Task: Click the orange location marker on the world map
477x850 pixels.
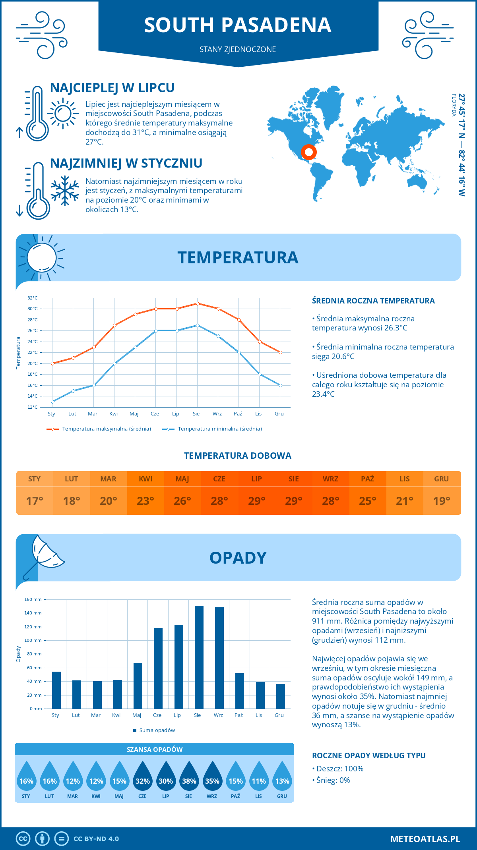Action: click(308, 152)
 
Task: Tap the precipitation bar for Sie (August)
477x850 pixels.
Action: click(199, 657)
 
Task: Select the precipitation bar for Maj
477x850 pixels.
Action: click(138, 686)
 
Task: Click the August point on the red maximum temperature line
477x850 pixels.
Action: click(198, 303)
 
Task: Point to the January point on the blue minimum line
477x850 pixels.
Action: click(52, 402)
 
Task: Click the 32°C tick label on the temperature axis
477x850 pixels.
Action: click(33, 298)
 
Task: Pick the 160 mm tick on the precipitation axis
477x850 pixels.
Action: click(33, 599)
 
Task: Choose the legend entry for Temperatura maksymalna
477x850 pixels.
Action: click(99, 429)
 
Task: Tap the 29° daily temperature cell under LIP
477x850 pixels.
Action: click(256, 501)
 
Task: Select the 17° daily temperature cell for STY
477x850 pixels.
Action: click(35, 501)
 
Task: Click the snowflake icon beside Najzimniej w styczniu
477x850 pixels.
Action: click(65, 191)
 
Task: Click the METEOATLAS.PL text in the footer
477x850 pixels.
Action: click(425, 839)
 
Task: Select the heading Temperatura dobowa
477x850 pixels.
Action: click(238, 456)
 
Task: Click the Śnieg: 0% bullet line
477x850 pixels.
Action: click(331, 780)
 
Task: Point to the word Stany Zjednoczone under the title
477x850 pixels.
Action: click(238, 49)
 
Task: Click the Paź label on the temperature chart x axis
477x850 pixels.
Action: click(238, 413)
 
